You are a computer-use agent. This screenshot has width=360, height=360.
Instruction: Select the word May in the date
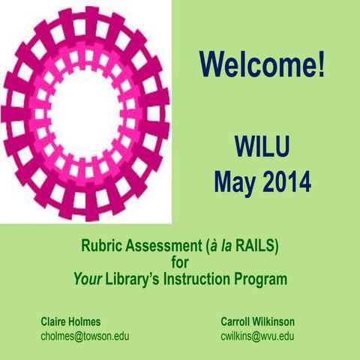click(x=233, y=181)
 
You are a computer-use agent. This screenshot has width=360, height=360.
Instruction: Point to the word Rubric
click(x=102, y=245)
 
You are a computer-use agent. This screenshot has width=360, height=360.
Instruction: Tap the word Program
click(x=262, y=278)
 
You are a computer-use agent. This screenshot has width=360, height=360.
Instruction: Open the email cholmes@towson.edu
click(x=84, y=336)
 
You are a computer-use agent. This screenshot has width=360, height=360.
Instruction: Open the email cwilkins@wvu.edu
click(x=257, y=336)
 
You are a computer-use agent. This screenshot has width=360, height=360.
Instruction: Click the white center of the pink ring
click(x=85, y=112)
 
